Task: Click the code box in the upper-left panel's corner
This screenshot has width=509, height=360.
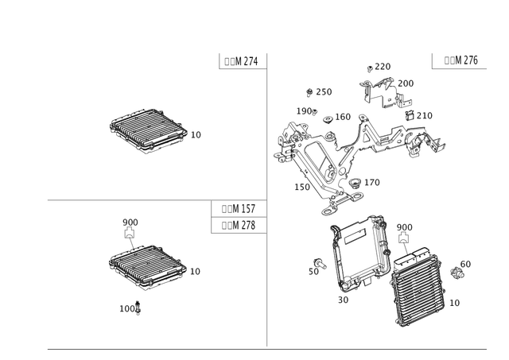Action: (x=240, y=61)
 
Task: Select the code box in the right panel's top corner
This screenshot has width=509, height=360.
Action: (x=454, y=61)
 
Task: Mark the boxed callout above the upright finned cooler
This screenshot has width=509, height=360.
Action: (x=404, y=227)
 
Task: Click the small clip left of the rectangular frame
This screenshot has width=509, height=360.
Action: (x=317, y=265)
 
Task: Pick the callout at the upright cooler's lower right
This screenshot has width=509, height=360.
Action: (x=456, y=303)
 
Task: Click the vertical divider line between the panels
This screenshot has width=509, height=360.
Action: (x=268, y=199)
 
